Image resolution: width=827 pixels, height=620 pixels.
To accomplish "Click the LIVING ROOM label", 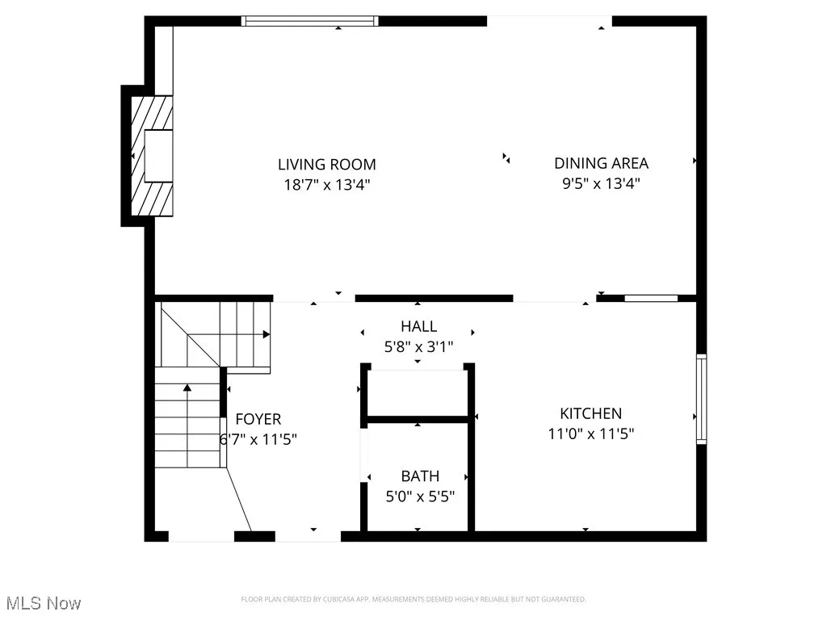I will (327, 165).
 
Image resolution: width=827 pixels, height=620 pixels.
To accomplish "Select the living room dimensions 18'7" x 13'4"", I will (327, 184).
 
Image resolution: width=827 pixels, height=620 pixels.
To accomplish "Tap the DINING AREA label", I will (601, 163).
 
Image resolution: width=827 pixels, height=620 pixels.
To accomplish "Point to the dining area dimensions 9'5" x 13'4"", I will (601, 183).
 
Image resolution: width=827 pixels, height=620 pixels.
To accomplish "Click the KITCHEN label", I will (591, 413).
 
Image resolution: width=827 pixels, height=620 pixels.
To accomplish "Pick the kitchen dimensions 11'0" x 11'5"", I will (591, 434).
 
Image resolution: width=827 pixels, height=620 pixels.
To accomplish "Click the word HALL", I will (418, 326).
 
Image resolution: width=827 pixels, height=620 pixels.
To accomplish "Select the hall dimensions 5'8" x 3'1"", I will (418, 347).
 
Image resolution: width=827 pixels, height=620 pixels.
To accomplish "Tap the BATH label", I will (420, 476).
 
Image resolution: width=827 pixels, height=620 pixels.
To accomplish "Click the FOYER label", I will (258, 419).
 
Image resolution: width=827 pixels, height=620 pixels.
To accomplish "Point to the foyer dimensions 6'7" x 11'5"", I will (258, 440).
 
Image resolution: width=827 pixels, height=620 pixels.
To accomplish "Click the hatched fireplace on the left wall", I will (150, 156).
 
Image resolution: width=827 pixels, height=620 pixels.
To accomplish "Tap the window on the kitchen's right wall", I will (701, 399).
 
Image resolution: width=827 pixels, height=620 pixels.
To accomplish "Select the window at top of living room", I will (310, 21).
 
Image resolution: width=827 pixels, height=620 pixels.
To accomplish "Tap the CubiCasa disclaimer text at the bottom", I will (413, 599).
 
